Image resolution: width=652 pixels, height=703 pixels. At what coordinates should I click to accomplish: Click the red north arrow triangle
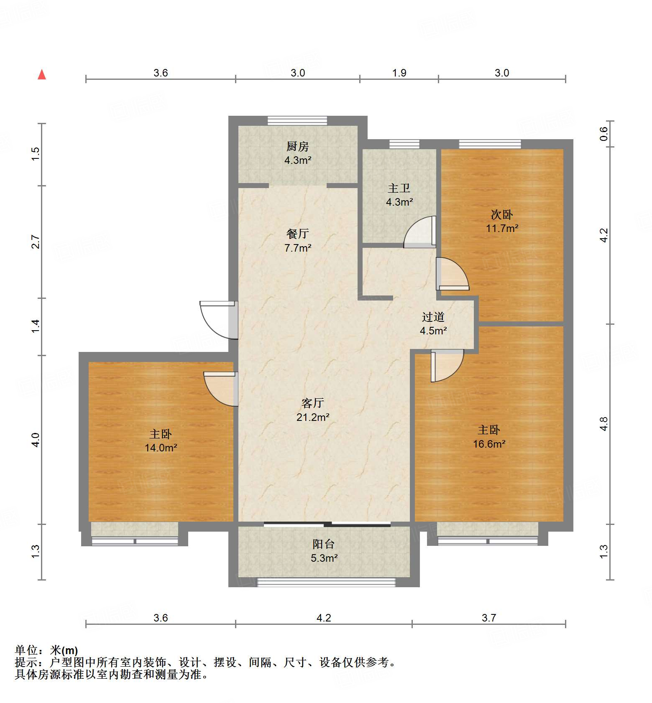(42, 75)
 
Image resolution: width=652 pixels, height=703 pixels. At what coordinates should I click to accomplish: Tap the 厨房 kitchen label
(297, 146)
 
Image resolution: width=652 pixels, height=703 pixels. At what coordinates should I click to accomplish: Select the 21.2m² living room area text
(313, 417)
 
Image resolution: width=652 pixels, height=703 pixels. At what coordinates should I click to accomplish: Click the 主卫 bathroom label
(399, 188)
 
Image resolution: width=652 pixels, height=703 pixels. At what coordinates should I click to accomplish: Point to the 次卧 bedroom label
(501, 214)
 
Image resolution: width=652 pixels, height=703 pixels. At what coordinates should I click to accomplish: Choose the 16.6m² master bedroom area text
(489, 444)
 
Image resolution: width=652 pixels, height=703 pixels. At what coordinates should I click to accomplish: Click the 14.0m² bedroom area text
(161, 448)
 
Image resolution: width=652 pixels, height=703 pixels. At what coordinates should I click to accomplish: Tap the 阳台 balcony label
(323, 544)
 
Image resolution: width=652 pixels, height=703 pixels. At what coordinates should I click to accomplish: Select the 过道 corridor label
(433, 317)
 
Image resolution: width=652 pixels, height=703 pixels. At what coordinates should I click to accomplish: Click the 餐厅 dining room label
(297, 233)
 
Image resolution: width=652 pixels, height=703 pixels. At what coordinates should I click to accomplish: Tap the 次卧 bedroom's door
(452, 274)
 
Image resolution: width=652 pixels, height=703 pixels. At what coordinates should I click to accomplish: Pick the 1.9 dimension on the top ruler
(399, 73)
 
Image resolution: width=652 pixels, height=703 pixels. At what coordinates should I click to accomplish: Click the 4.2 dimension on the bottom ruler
(323, 618)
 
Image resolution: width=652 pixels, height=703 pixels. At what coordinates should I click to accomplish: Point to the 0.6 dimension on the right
(603, 134)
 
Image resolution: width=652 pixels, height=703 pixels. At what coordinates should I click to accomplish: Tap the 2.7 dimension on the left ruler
(36, 242)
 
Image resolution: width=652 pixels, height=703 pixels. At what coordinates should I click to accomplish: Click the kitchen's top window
(297, 121)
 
